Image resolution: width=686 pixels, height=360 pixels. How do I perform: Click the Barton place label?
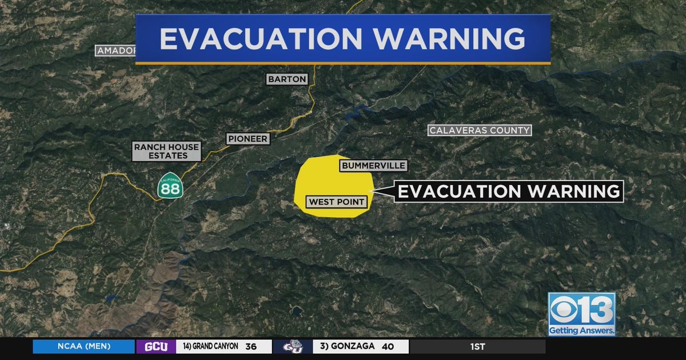point(287,79)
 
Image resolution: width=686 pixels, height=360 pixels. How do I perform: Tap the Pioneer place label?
point(248,139)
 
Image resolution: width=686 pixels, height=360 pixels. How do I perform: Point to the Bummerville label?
point(373,166)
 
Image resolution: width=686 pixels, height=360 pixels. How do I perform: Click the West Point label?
point(337,202)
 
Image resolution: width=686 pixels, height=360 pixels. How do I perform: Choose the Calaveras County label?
point(480,130)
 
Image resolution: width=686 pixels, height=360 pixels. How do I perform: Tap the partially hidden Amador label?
point(116,51)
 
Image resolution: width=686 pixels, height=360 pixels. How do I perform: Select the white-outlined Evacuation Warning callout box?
point(509,191)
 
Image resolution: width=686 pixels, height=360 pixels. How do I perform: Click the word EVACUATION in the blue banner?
point(260,39)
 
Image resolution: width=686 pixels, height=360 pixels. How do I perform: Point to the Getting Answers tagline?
point(581,330)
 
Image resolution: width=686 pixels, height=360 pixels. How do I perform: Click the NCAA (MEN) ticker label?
point(83,346)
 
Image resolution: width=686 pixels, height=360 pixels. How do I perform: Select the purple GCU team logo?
point(156,346)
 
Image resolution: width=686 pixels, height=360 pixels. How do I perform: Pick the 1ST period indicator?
point(478,346)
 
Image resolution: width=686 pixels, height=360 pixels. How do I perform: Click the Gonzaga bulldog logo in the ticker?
point(292,346)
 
